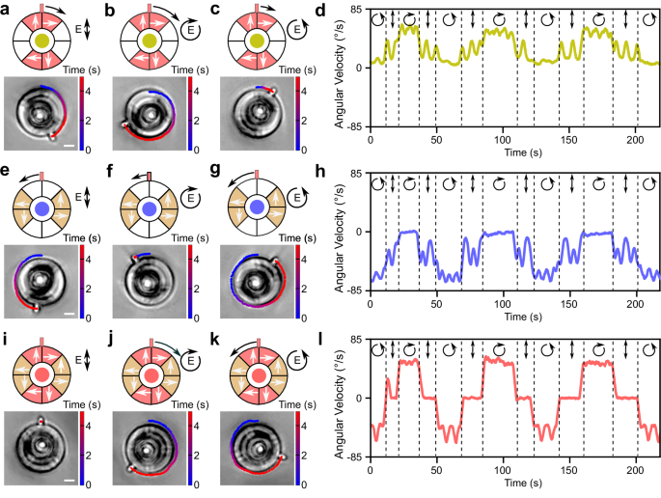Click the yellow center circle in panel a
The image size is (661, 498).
41,41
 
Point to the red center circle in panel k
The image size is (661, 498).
257,373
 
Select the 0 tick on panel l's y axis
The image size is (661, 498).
363,398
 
